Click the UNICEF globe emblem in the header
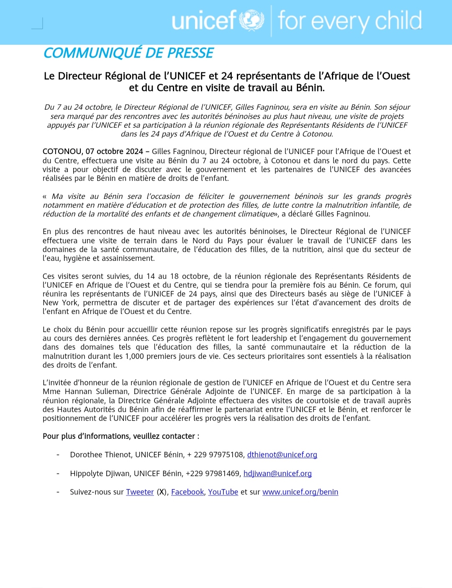coord(252,21)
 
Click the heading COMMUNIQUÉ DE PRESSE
coord(128,53)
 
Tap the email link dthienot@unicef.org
coord(282,455)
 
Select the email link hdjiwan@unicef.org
coord(277,474)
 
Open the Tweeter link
coord(140,492)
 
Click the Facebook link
coord(187,492)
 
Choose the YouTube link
coord(223,492)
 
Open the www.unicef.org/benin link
coord(300,492)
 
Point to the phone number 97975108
coord(226,455)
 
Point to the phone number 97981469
coord(224,474)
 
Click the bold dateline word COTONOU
coord(63,152)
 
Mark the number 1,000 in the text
coord(134,356)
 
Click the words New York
coord(60,303)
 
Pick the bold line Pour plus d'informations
coord(121,436)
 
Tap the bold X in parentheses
coord(162,492)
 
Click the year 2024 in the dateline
coord(132,152)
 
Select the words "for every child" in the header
coord(349,21)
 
